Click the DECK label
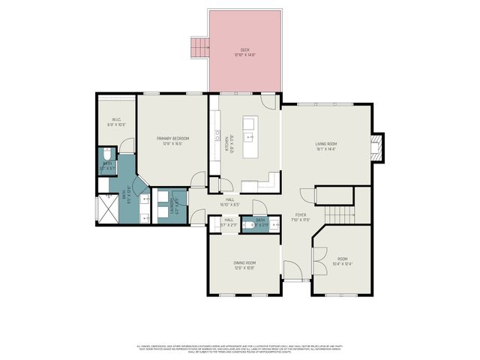point(244,52)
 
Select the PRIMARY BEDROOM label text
point(172,140)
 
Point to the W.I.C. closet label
point(117,121)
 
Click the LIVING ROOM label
point(325,145)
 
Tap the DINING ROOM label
point(245,265)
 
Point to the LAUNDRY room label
point(173,201)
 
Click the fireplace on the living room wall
point(379,147)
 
